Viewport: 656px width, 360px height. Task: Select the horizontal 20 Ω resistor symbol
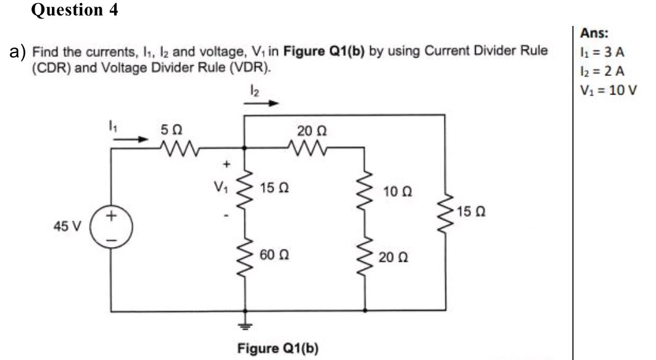pos(305,148)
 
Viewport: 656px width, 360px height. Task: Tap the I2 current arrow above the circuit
pos(259,103)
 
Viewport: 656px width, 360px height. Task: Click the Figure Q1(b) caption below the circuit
pos(278,347)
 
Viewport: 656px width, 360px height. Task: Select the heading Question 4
pos(75,10)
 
